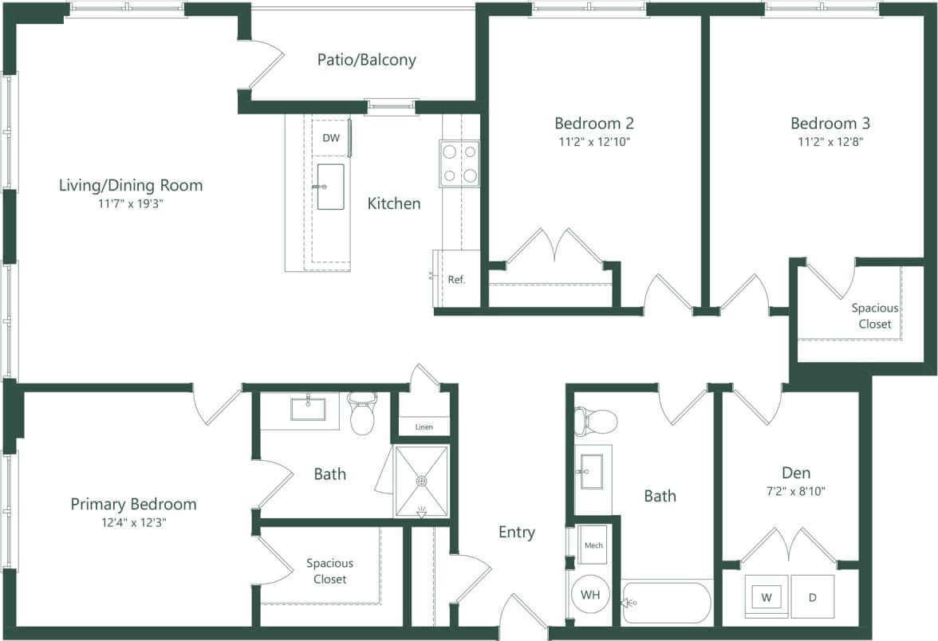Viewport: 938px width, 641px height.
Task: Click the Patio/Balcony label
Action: [366, 60]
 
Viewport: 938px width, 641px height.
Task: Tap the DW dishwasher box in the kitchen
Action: [330, 138]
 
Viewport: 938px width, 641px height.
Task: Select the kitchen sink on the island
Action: [330, 187]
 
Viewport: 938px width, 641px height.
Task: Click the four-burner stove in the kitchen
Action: [459, 163]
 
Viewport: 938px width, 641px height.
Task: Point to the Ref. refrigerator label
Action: [456, 280]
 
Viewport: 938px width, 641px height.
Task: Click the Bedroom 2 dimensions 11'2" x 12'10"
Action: [594, 143]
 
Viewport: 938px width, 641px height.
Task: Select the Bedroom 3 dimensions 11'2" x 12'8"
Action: [830, 143]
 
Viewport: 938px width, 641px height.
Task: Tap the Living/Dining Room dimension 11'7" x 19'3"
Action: [131, 204]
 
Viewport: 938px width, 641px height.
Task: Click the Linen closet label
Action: [424, 427]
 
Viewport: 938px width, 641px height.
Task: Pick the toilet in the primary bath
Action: [363, 413]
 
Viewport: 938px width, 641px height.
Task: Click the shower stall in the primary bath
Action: [422, 481]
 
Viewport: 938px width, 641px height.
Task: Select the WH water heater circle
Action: [589, 594]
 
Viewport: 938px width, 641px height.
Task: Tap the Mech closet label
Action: [593, 545]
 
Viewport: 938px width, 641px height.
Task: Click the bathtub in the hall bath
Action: [666, 603]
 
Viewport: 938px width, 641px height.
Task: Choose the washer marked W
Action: [767, 597]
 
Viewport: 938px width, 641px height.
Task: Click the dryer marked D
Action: [812, 597]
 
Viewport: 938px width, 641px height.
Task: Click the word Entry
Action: [517, 533]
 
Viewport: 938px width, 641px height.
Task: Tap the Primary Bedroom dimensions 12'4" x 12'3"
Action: [133, 523]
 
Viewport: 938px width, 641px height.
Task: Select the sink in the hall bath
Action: [593, 470]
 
